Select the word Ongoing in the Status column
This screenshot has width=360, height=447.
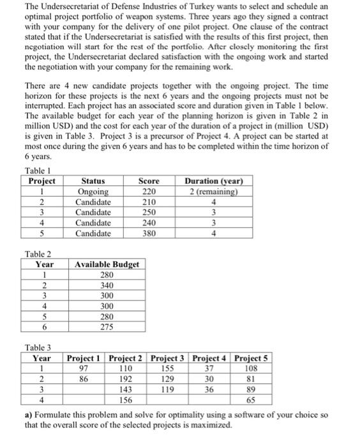click(92, 192)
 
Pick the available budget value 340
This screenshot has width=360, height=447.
click(107, 285)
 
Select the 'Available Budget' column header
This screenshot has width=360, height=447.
click(107, 264)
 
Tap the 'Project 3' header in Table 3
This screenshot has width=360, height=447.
click(169, 358)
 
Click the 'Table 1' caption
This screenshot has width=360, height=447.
click(38, 170)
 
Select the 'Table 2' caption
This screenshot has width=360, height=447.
click(38, 254)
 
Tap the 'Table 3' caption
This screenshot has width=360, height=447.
click(38, 347)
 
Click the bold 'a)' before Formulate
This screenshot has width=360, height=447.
click(29, 414)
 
